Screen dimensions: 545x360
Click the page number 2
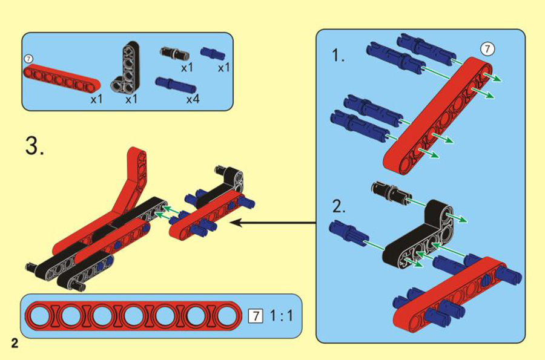pyautogui.click(x=15, y=343)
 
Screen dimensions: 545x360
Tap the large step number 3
pyautogui.click(x=35, y=146)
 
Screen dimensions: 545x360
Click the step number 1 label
pyautogui.click(x=338, y=55)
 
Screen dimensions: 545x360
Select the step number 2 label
pyautogui.click(x=339, y=206)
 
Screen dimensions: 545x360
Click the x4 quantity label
pyautogui.click(x=193, y=99)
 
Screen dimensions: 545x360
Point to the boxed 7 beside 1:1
pyautogui.click(x=256, y=316)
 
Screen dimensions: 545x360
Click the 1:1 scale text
pyautogui.click(x=281, y=316)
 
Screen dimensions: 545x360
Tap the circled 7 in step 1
pyautogui.click(x=487, y=49)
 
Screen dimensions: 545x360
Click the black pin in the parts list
pyautogui.click(x=174, y=53)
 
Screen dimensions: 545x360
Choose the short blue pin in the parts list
pyautogui.click(x=213, y=53)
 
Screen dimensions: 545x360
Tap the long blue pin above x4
pyautogui.click(x=176, y=85)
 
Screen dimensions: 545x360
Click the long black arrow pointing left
pyautogui.click(x=274, y=223)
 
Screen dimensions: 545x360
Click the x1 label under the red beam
pyautogui.click(x=97, y=99)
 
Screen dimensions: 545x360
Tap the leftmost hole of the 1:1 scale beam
pyautogui.click(x=41, y=316)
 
